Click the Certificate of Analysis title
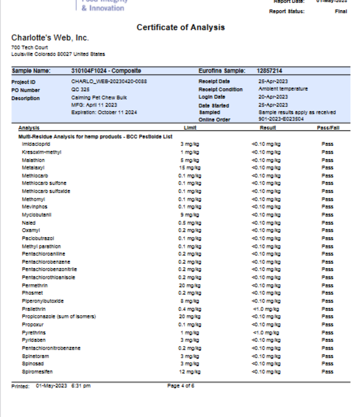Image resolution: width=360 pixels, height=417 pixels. tap(180, 27)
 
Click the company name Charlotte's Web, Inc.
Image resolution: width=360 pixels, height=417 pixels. tap(50, 38)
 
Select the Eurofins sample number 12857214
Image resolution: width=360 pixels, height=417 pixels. tap(270, 70)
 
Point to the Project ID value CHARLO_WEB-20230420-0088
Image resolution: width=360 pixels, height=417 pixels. tap(109, 81)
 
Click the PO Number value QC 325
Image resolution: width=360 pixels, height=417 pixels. tap(80, 89)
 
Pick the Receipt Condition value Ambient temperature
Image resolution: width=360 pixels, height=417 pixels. tap(283, 89)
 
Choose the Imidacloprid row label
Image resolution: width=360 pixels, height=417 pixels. tap(36, 144)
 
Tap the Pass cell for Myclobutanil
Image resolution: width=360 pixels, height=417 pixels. tap(327, 214)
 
